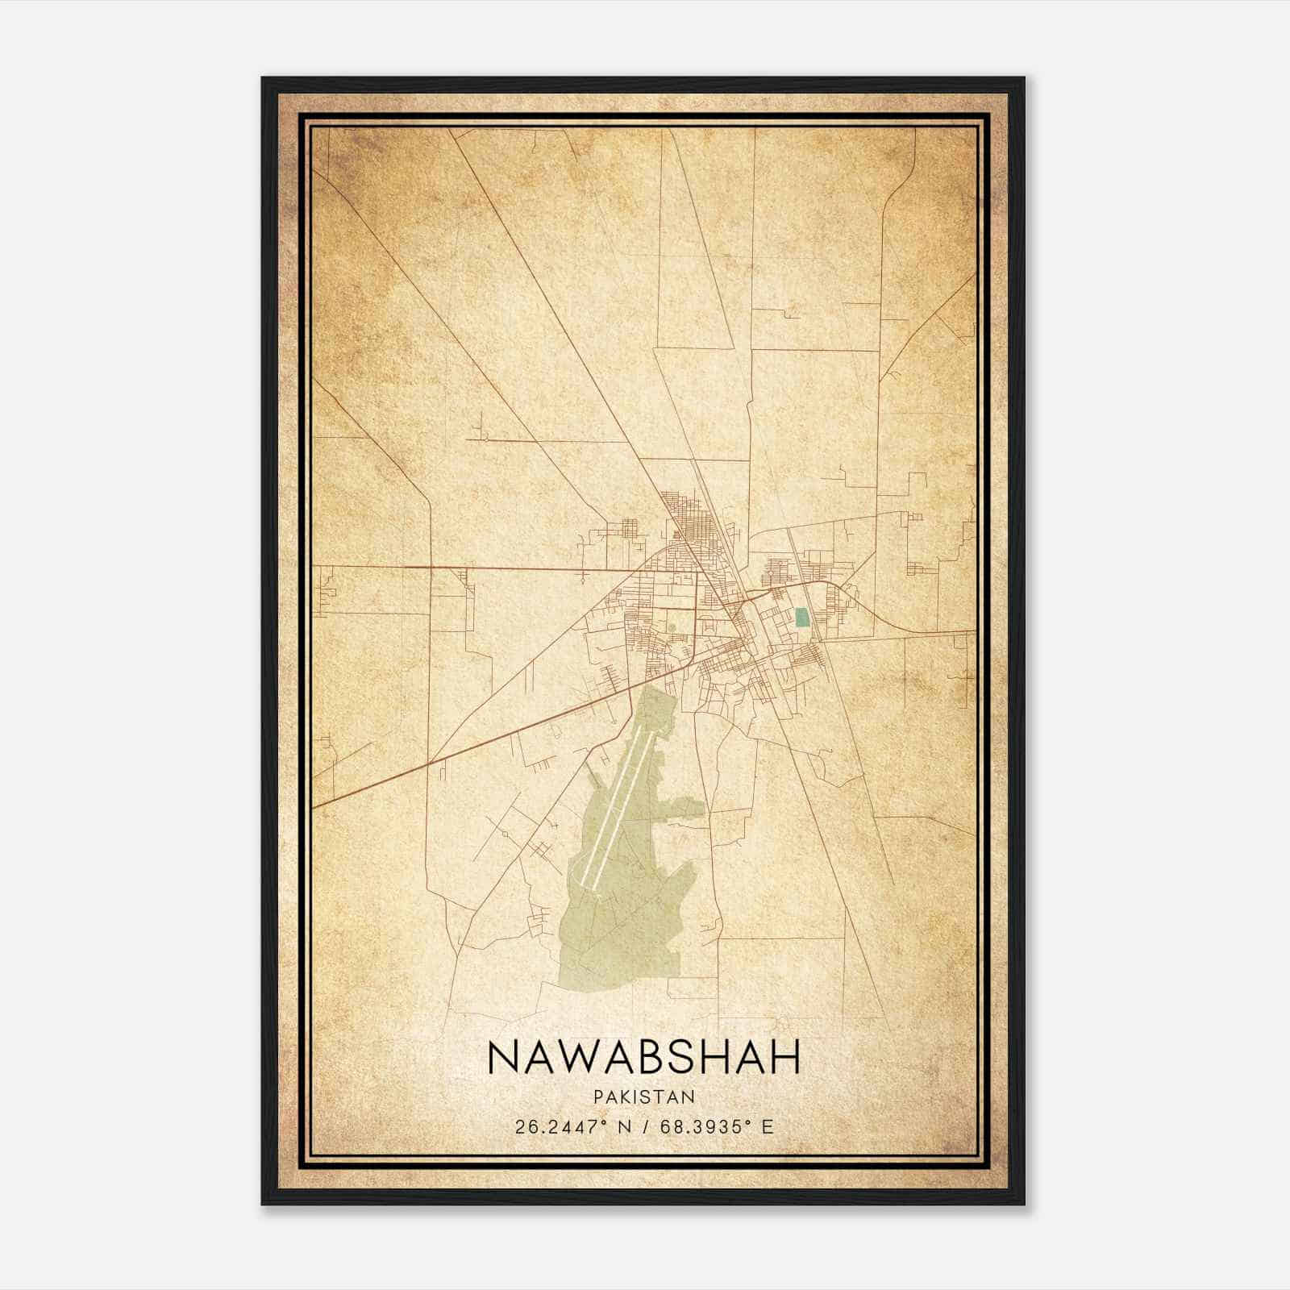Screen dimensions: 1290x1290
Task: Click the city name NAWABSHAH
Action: click(643, 1057)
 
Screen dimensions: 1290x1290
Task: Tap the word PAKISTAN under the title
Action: click(643, 1096)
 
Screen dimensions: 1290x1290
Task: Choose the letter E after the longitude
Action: click(767, 1126)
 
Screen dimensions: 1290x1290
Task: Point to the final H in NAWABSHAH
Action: click(784, 1057)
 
